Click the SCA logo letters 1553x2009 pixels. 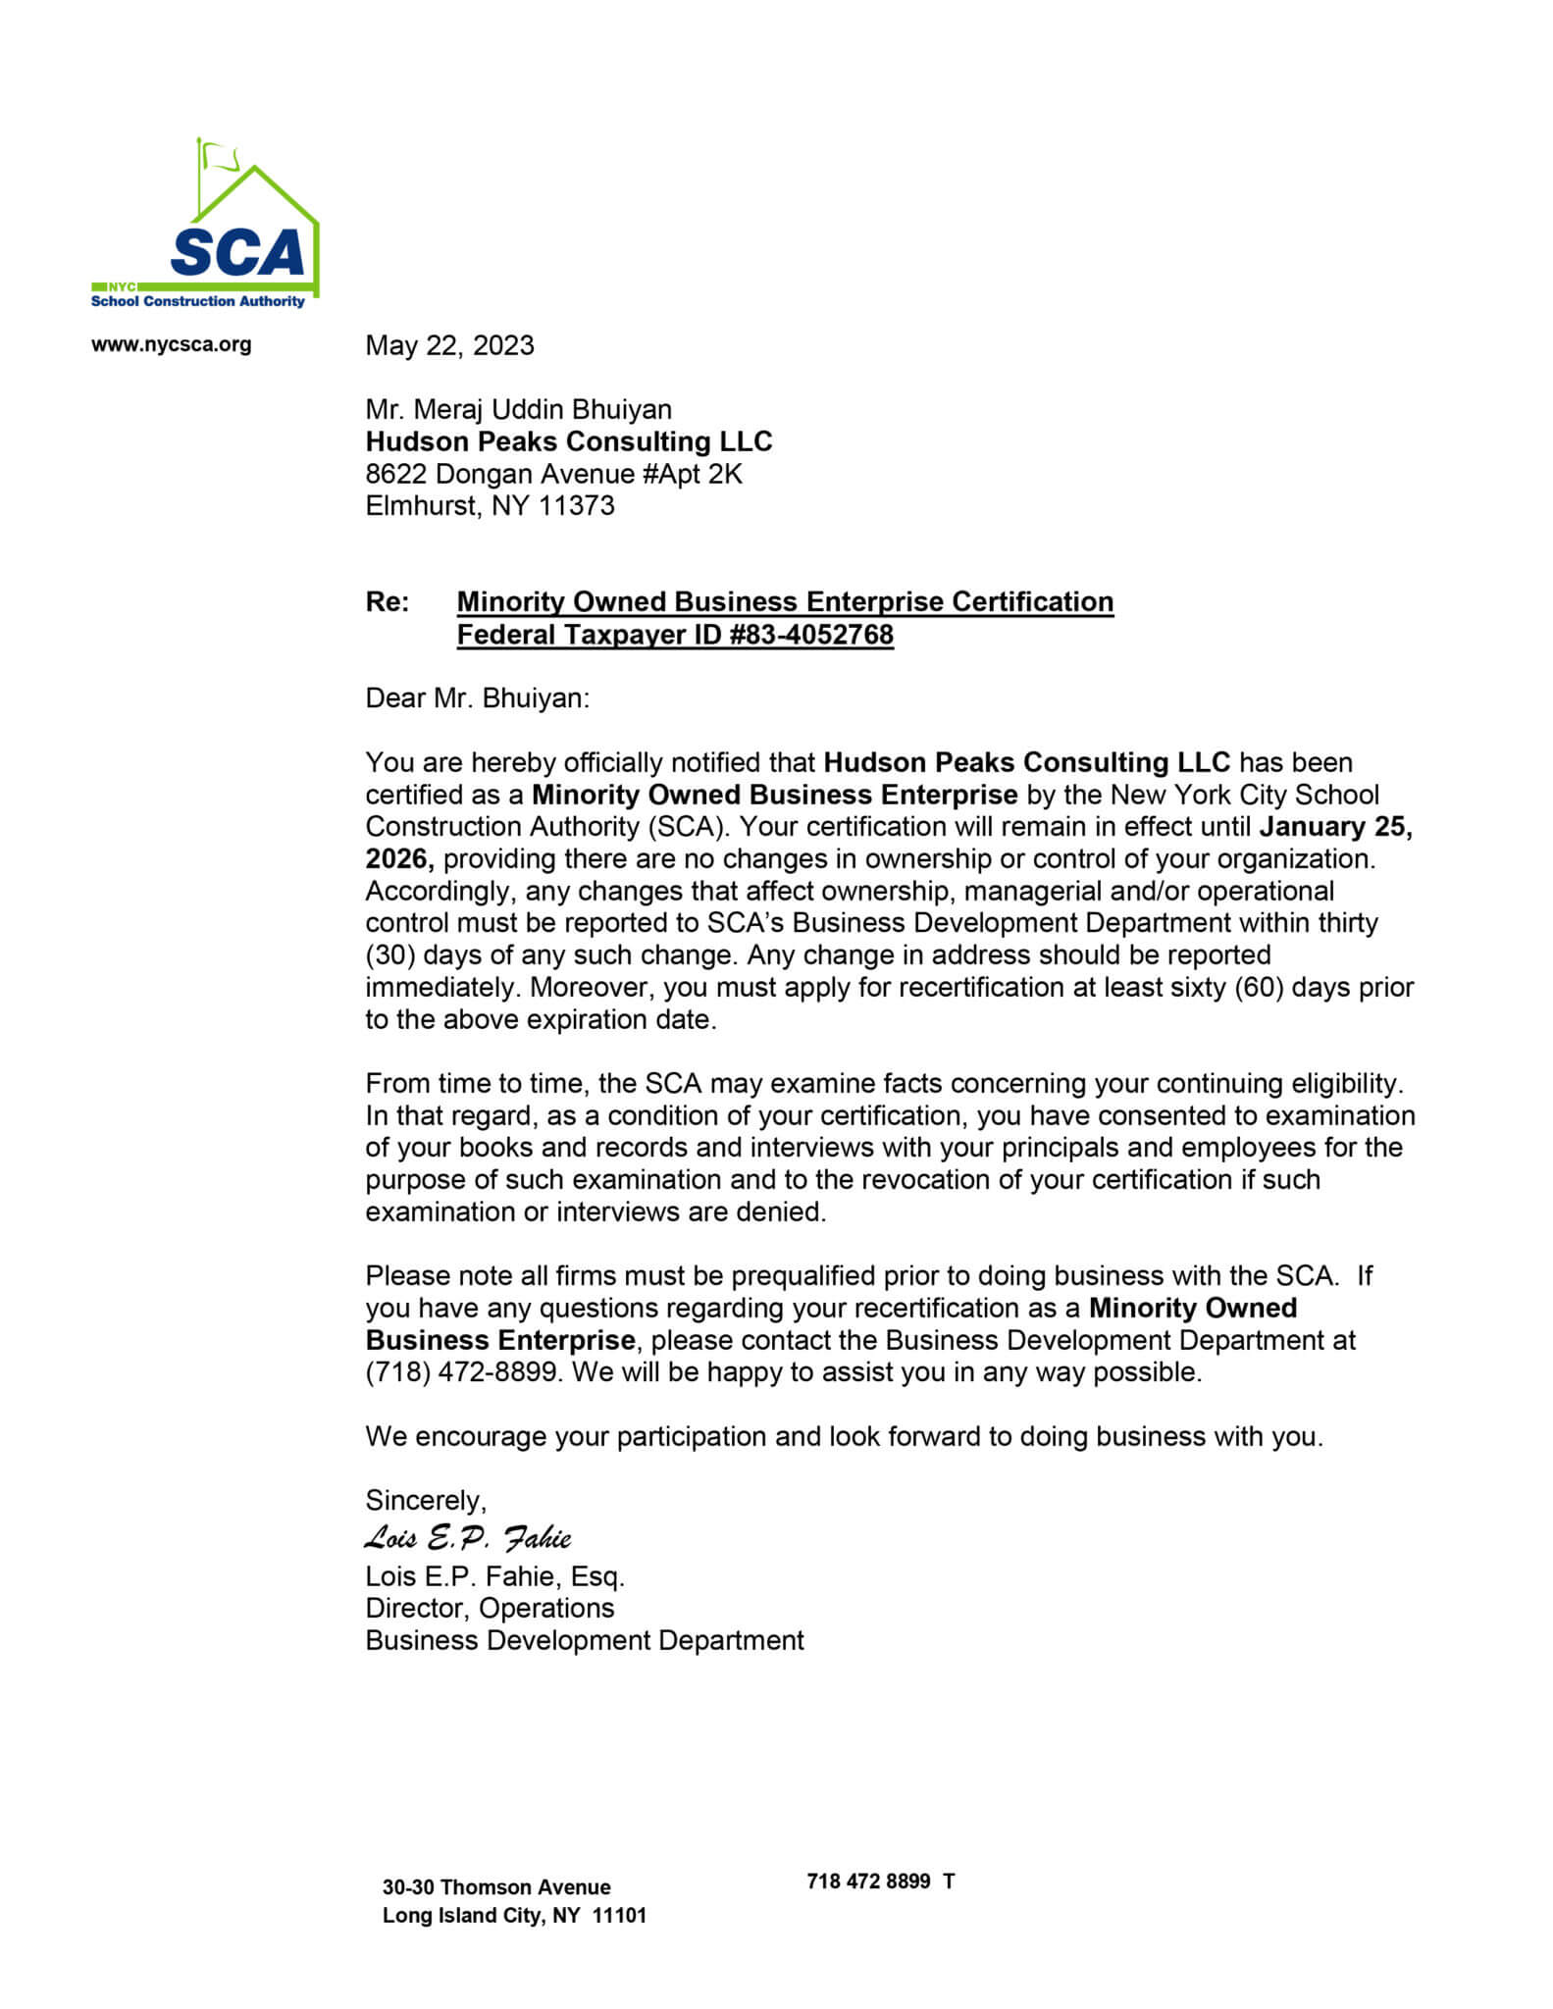[237, 252]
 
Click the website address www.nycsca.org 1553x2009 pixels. [171, 344]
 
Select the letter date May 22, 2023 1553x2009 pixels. [449, 345]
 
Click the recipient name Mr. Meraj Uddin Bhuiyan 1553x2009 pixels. [518, 409]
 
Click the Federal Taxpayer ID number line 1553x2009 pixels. [675, 635]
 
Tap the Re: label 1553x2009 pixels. [388, 601]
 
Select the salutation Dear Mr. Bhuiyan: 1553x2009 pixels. [478, 697]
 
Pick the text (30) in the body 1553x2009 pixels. [390, 955]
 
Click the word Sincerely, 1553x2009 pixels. [426, 1500]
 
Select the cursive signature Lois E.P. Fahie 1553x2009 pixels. [467, 1537]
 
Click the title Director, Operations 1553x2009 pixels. [490, 1608]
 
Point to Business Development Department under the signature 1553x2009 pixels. [585, 1640]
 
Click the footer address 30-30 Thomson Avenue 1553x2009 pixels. [496, 1886]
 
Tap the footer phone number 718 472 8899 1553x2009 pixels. [868, 1880]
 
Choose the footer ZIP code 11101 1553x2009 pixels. [619, 1915]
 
